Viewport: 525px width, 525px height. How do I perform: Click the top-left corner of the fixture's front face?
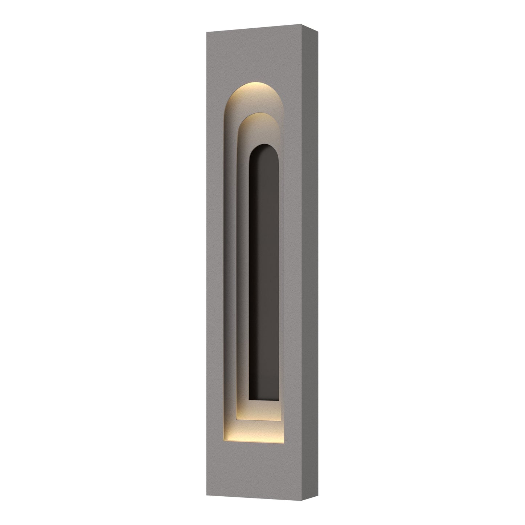click(206, 33)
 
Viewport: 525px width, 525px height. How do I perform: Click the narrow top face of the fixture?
click(262, 28)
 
